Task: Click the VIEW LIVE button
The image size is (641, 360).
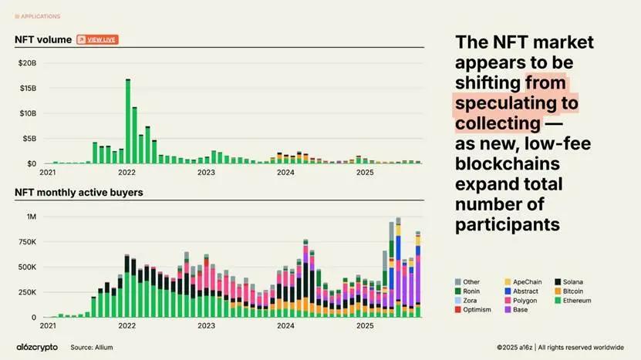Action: pyautogui.click(x=98, y=39)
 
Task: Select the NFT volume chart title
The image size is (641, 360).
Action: pyautogui.click(x=43, y=39)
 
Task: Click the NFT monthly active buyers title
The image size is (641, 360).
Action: pyautogui.click(x=79, y=192)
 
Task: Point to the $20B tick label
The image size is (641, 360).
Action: pyautogui.click(x=27, y=62)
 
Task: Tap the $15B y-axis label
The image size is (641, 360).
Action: pyautogui.click(x=27, y=88)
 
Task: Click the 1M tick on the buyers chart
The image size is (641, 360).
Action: pyautogui.click(x=32, y=217)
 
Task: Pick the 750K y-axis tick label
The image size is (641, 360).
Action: pyautogui.click(x=27, y=242)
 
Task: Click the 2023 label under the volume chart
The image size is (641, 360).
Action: pyautogui.click(x=206, y=173)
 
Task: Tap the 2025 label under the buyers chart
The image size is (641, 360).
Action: pyautogui.click(x=365, y=326)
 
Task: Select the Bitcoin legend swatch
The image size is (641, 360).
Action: pyautogui.click(x=558, y=291)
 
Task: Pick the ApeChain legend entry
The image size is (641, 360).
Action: pyautogui.click(x=525, y=282)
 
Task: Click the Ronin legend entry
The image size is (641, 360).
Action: pyautogui.click(x=470, y=291)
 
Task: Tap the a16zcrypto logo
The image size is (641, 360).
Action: pyautogui.click(x=37, y=348)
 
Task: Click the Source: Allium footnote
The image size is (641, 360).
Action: pyautogui.click(x=92, y=348)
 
